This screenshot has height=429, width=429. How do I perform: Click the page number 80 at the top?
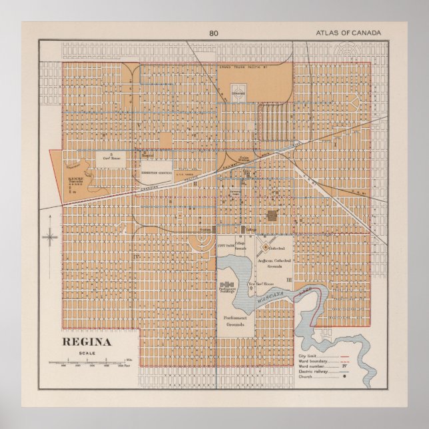coord(213,33)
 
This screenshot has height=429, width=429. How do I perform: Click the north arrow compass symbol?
coord(50,236)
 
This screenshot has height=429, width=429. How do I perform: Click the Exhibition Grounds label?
coord(157,171)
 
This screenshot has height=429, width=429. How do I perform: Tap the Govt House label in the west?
coord(109,159)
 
